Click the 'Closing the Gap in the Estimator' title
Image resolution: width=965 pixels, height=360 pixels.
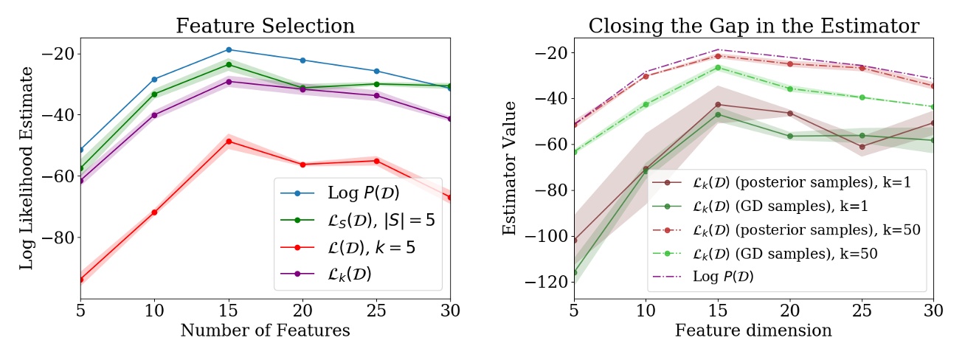[x=753, y=27]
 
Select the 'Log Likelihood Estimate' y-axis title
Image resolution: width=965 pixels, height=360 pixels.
[x=27, y=167]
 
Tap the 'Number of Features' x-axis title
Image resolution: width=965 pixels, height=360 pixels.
[x=266, y=330]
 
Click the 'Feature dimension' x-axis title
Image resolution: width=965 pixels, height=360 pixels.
[x=753, y=330]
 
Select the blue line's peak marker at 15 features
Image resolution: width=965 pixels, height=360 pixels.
[x=229, y=49]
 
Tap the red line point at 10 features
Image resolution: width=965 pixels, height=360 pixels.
[x=154, y=212]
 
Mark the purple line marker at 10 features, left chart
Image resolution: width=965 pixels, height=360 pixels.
[x=154, y=114]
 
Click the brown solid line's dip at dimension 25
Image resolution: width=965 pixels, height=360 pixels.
[x=862, y=147]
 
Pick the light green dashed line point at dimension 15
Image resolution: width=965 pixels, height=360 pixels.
[x=718, y=67]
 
